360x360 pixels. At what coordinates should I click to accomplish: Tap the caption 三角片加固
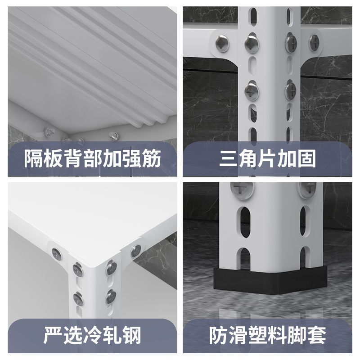(267, 158)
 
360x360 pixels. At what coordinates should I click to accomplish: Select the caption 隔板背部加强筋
(93, 158)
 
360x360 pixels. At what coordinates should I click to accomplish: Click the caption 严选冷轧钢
(92, 335)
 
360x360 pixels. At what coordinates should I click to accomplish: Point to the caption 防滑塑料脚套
(267, 335)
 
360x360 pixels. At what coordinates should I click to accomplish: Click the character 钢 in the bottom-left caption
(132, 335)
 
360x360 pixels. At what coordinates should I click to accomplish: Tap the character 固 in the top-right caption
(306, 158)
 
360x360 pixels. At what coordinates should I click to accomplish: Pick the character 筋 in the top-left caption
(152, 158)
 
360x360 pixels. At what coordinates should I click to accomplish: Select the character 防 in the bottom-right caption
(218, 335)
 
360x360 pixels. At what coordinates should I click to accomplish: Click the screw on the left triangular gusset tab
(222, 43)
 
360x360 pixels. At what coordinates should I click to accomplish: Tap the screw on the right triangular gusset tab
(314, 43)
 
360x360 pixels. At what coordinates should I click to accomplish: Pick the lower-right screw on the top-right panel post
(291, 90)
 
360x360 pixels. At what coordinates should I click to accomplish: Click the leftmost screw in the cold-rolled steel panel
(57, 254)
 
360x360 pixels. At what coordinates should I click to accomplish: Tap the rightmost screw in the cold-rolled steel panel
(136, 251)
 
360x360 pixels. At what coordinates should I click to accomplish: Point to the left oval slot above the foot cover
(245, 222)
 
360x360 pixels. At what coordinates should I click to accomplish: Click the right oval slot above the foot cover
(303, 221)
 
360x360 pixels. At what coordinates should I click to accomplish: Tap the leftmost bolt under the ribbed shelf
(49, 132)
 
